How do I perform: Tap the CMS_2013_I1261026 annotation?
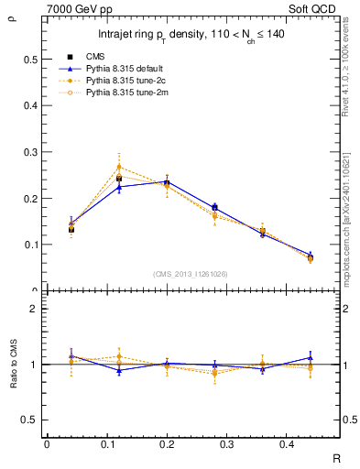click(190, 274)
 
